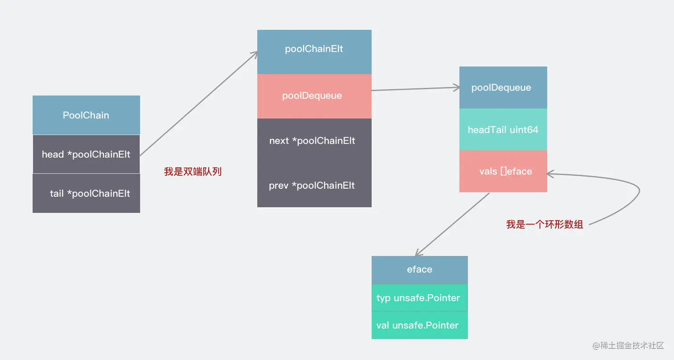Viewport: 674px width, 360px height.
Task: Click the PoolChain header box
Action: coord(86,115)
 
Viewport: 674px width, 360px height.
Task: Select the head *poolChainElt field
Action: coord(86,154)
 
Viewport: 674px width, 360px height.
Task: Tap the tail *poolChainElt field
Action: coord(86,194)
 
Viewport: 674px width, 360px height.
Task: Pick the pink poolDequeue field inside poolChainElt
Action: coord(314,96)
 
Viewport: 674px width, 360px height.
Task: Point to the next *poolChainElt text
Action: coord(312,141)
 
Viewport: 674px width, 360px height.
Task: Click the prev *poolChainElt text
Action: coord(312,185)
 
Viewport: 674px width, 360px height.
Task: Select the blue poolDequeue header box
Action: coord(503,87)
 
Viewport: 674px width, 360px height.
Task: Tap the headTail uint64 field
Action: coord(503,130)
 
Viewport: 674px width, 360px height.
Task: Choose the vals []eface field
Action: coord(503,171)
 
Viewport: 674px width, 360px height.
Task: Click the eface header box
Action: coord(419,270)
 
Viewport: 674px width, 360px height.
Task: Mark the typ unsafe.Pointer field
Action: coord(419,298)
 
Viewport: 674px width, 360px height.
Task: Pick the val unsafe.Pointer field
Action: coord(419,325)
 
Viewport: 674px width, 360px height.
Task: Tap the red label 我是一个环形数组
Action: coord(544,225)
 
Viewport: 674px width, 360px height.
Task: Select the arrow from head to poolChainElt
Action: coord(198,103)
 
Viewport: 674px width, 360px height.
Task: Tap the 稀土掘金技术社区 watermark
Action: coord(628,346)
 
